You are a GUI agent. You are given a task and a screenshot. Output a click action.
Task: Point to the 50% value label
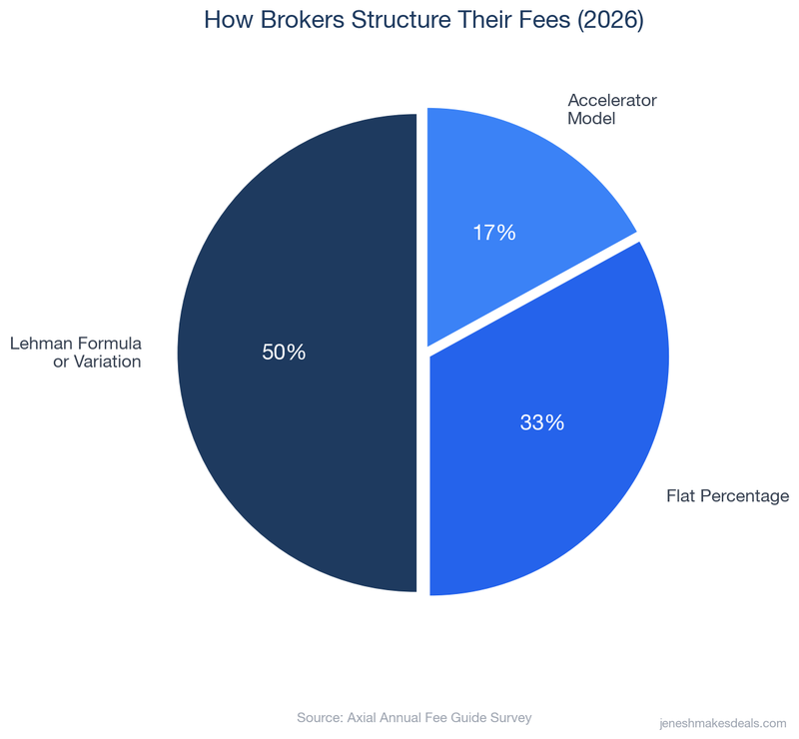click(284, 353)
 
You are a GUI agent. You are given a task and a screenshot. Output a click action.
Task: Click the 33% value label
click(542, 422)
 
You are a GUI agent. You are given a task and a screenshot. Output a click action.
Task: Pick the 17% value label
click(493, 233)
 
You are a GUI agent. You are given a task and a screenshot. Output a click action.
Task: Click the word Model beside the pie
click(591, 119)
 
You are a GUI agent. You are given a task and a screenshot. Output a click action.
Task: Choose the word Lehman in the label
click(40, 344)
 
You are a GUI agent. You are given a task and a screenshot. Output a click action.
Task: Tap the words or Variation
click(97, 362)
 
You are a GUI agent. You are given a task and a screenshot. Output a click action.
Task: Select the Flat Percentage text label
click(728, 496)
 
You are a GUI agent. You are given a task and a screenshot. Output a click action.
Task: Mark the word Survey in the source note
click(508, 717)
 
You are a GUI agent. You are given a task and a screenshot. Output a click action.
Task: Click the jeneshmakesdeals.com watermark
click(724, 721)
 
